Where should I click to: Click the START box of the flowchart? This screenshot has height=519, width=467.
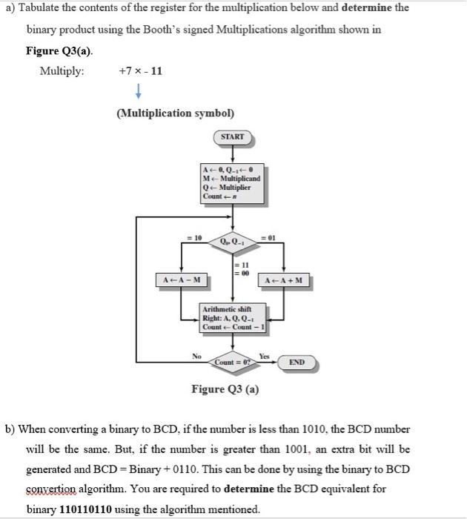[233, 137]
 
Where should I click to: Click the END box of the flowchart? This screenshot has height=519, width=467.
[297, 362]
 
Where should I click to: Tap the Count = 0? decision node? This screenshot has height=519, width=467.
[233, 362]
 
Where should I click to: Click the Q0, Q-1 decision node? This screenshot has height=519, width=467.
[233, 240]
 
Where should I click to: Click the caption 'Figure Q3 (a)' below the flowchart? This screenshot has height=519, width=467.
[225, 389]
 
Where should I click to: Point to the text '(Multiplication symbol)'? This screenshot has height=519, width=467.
[175, 113]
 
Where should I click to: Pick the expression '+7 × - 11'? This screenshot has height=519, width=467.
[140, 71]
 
